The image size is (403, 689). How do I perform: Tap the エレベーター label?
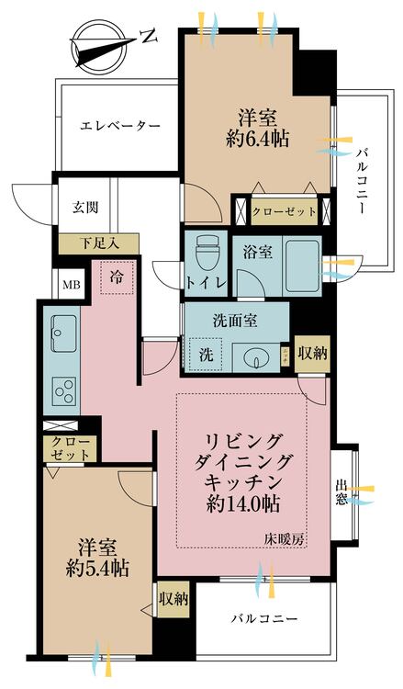point(120,125)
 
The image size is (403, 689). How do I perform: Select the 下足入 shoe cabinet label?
point(95,243)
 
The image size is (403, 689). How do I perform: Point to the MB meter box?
point(70,284)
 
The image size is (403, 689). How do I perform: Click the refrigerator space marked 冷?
point(117,276)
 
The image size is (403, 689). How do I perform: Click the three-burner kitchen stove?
point(64,390)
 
